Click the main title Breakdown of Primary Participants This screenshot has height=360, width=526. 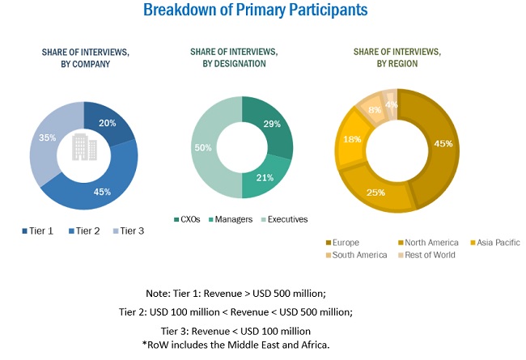[256, 11]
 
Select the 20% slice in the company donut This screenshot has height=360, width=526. [107, 122]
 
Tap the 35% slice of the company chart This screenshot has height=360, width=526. [49, 138]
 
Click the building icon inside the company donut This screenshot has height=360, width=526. [84, 147]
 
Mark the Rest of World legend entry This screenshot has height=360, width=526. [430, 255]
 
